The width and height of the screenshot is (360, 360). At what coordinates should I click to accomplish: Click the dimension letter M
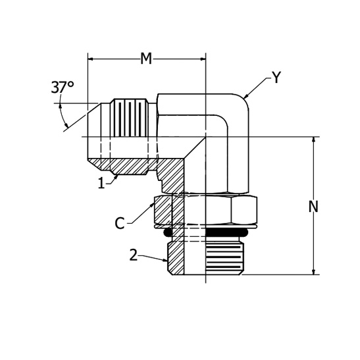click(x=146, y=59)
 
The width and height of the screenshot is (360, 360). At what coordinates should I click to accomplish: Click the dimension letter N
click(x=313, y=207)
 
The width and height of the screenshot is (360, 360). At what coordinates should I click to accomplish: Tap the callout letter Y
click(x=276, y=78)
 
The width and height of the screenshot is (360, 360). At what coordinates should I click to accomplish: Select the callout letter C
click(x=120, y=223)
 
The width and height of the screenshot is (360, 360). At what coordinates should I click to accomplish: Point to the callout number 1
click(x=101, y=184)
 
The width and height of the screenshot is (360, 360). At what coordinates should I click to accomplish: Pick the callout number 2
click(x=134, y=255)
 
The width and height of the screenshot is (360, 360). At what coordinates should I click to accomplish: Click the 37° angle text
click(x=63, y=88)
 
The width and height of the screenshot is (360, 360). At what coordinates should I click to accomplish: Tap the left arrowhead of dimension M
click(x=90, y=59)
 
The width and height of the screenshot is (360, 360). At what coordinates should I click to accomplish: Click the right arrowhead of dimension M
click(x=203, y=59)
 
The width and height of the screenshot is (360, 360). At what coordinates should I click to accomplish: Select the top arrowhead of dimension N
click(x=313, y=140)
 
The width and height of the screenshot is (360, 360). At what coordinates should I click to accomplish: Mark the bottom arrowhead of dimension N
click(x=313, y=272)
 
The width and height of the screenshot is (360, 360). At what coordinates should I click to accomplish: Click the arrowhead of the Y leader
click(x=246, y=97)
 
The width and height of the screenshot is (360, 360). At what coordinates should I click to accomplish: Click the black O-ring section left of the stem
click(x=168, y=233)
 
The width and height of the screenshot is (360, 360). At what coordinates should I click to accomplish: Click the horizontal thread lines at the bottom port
click(x=224, y=257)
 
